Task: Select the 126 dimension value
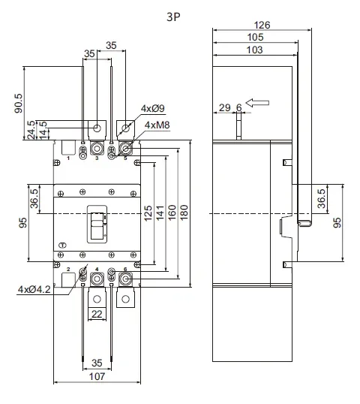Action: pyautogui.click(x=262, y=25)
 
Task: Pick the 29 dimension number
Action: pyautogui.click(x=224, y=108)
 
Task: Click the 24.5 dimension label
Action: pyautogui.click(x=31, y=129)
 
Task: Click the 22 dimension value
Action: pyautogui.click(x=97, y=315)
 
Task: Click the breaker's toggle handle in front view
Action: pyautogui.click(x=97, y=225)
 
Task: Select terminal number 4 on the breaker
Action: pyautogui.click(x=97, y=268)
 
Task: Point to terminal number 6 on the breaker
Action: pyautogui.click(x=124, y=268)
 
